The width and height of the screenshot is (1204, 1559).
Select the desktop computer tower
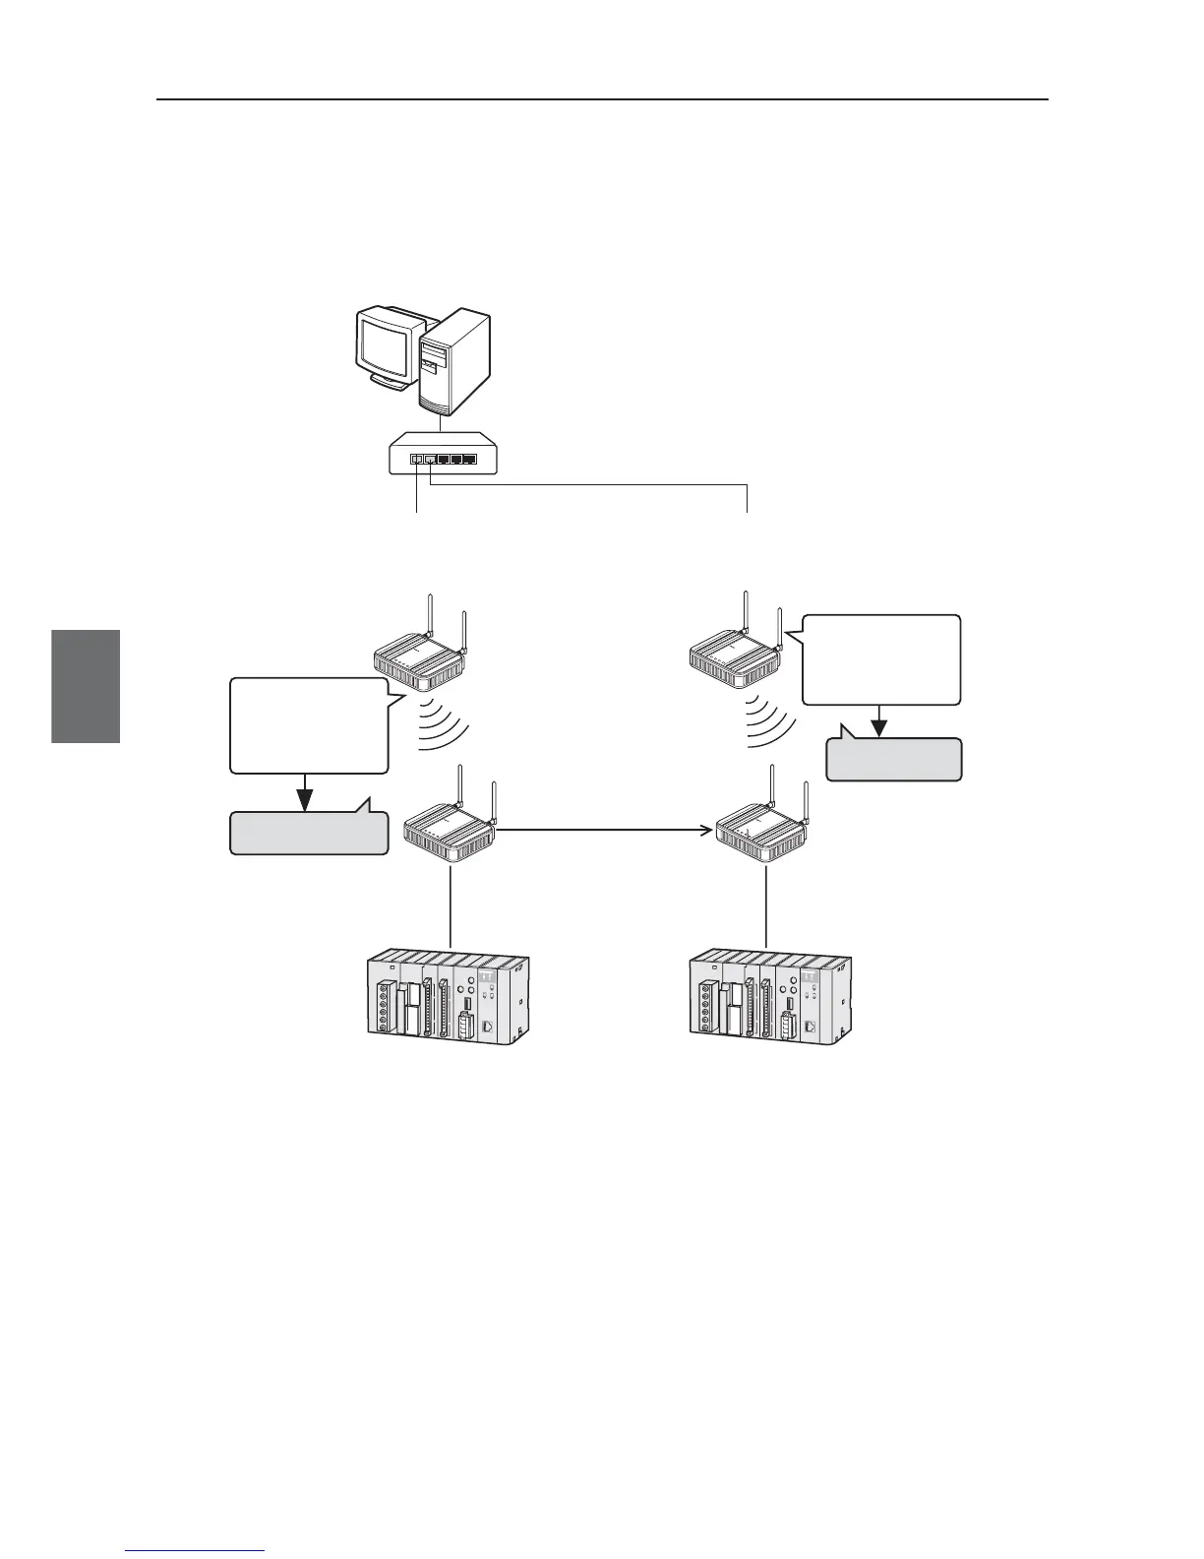pyautogui.click(x=452, y=362)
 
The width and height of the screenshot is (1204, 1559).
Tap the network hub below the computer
pyautogui.click(x=444, y=459)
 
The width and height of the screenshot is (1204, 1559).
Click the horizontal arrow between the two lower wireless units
pyautogui.click(x=605, y=832)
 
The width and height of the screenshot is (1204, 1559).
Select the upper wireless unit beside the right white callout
pyautogui.click(x=733, y=661)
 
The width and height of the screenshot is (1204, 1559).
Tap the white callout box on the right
pyautogui.click(x=881, y=659)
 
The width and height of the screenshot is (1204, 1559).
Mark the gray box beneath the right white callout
pyautogui.click(x=893, y=760)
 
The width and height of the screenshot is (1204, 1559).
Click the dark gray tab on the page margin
pyautogui.click(x=86, y=686)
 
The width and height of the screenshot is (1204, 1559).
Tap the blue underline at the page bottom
pyautogui.click(x=196, y=1552)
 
